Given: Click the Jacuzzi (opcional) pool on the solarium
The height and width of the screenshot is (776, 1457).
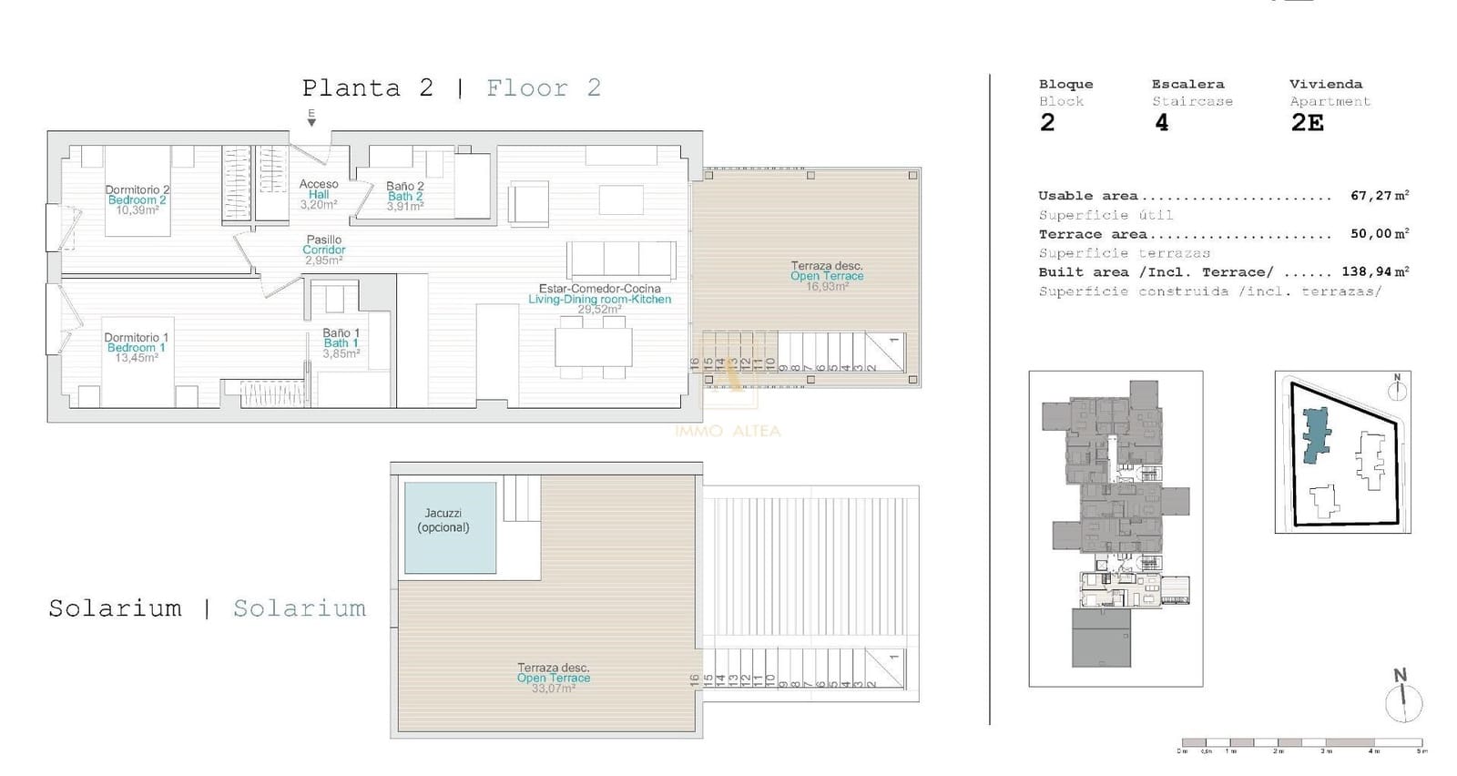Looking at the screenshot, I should click(450, 527).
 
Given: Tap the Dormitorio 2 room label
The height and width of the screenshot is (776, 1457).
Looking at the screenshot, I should click(137, 190).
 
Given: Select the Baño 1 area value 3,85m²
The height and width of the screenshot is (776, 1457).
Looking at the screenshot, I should click(341, 354).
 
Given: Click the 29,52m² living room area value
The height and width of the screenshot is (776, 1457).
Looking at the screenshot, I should click(598, 310).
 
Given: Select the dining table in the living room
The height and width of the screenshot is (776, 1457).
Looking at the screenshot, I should click(593, 346).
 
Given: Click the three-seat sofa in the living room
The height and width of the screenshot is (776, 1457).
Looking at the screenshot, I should click(621, 260).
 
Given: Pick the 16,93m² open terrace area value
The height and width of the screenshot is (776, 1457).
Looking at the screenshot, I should click(827, 286).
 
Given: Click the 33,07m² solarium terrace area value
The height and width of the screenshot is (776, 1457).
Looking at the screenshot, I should click(553, 689).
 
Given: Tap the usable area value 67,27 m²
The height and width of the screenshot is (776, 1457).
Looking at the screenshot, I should click(1379, 196).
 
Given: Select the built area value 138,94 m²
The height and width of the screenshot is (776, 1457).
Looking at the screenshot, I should click(1375, 271).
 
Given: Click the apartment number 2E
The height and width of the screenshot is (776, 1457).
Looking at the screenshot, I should click(1307, 123).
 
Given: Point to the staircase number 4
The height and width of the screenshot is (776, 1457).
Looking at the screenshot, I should click(1161, 123).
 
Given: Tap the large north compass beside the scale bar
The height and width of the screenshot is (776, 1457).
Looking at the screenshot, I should click(1403, 701).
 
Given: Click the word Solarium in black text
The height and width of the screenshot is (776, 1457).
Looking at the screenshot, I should click(115, 608).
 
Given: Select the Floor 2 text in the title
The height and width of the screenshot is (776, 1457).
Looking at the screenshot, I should click(543, 88).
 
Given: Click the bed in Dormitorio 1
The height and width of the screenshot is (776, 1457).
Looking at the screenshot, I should click(137, 373).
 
